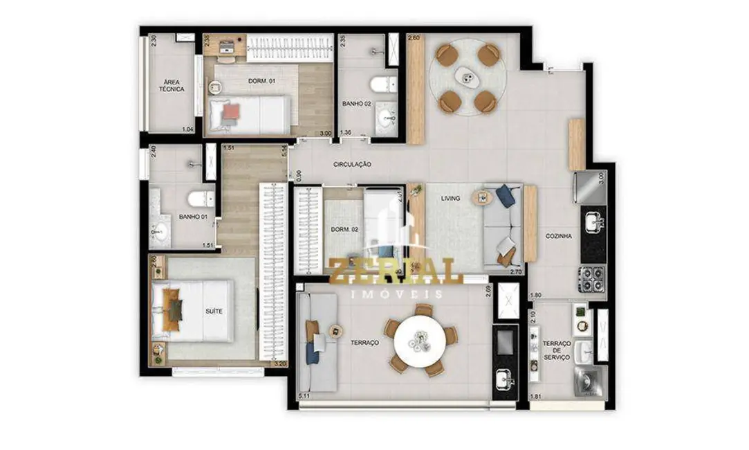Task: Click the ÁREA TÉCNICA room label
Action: pyautogui.click(x=171, y=84)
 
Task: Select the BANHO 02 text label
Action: pyautogui.click(x=357, y=104)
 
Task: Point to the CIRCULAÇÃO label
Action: pyautogui.click(x=353, y=164)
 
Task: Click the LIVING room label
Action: pyautogui.click(x=451, y=198)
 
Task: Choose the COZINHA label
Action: pyautogui.click(x=558, y=236)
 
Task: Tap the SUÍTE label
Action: pyautogui.click(x=214, y=312)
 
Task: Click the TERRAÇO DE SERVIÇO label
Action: pyautogui.click(x=556, y=350)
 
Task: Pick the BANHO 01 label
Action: pyautogui.click(x=193, y=217)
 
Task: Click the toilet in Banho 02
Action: pyautogui.click(x=382, y=84)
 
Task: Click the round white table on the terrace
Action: pyautogui.click(x=420, y=339)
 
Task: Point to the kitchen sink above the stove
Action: pyautogui.click(x=593, y=223)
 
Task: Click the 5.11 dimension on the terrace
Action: pyautogui.click(x=304, y=396)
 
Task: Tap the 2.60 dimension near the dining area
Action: pyautogui.click(x=414, y=38)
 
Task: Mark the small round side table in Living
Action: pyautogui.click(x=481, y=198)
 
